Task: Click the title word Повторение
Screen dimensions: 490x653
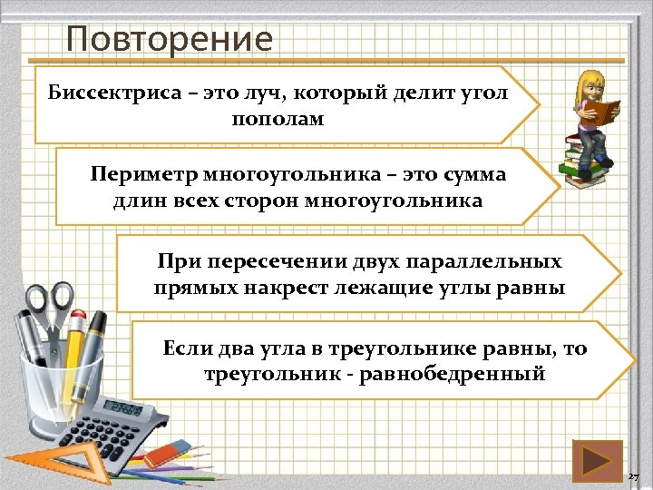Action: (170, 39)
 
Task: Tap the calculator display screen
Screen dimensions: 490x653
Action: (124, 409)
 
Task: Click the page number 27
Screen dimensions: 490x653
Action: (635, 477)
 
